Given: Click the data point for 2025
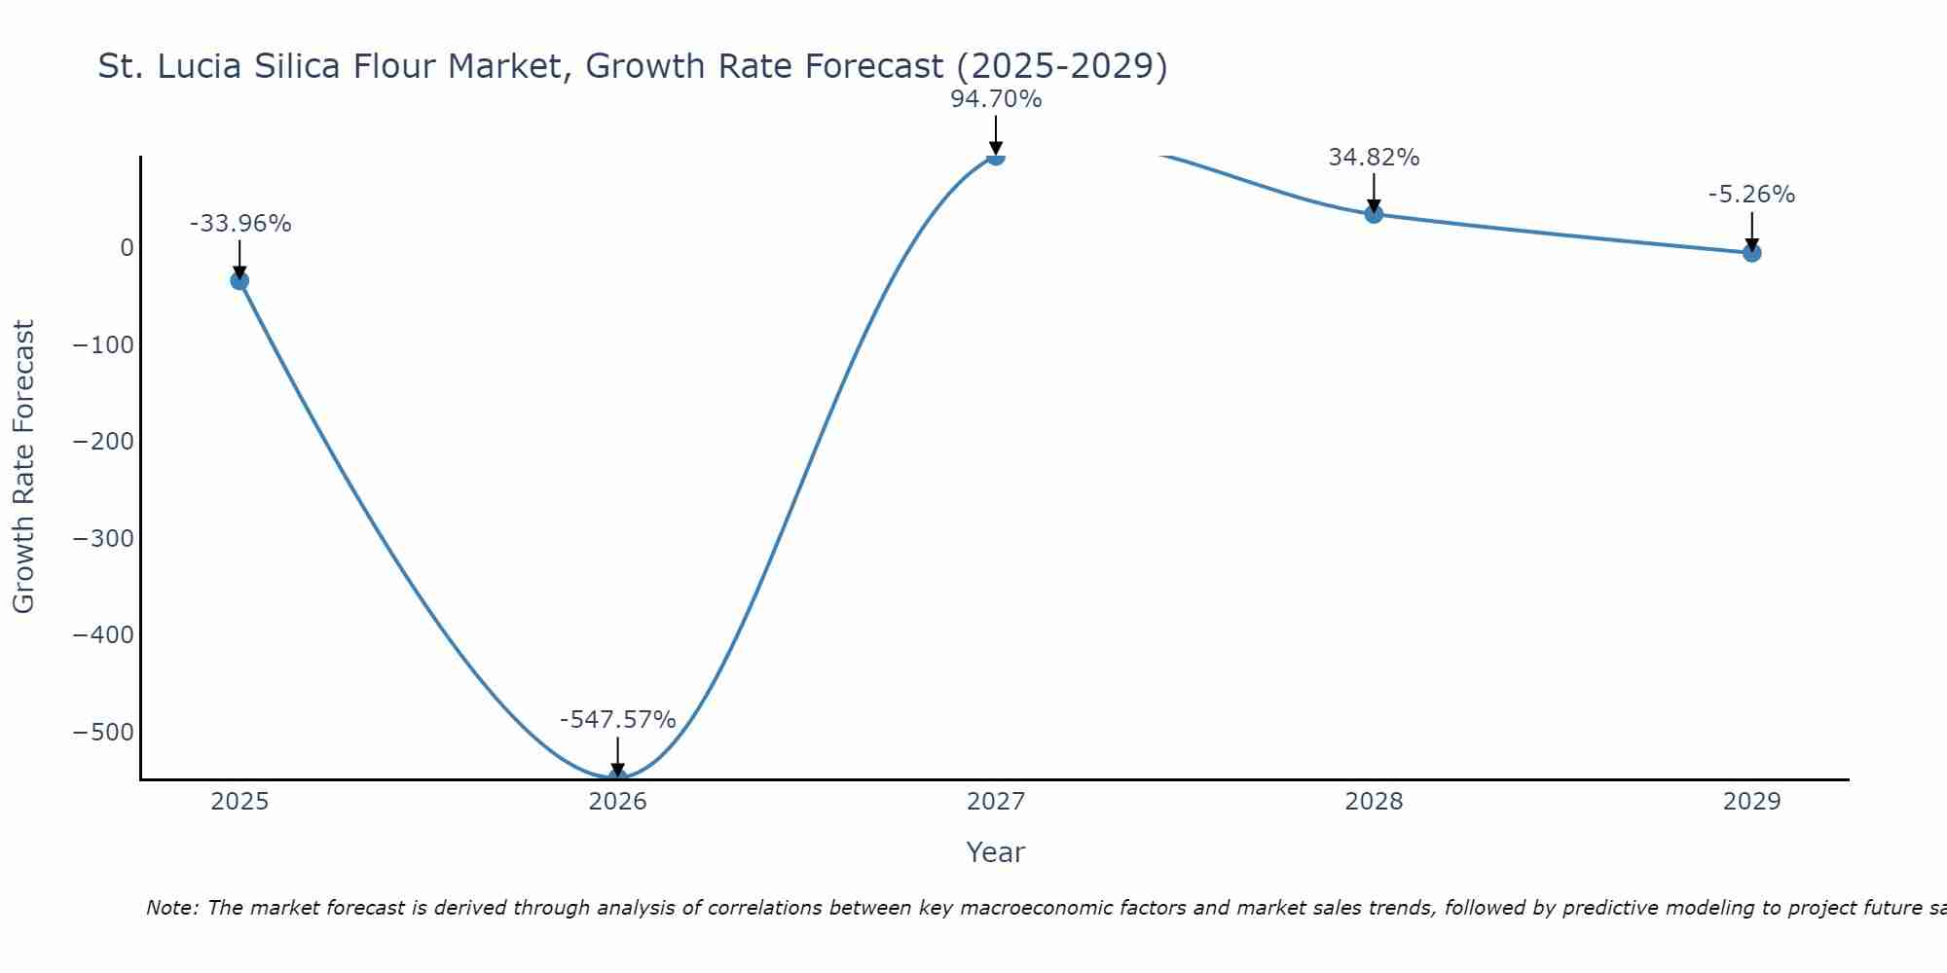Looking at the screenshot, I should coord(239,280).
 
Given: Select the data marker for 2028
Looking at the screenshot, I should coord(1374,214).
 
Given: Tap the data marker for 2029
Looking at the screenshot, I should coord(1751,253).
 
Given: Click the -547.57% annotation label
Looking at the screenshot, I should coord(617,720).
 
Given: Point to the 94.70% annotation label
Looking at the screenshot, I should coord(996,99).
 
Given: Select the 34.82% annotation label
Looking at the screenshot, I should coord(1374,158).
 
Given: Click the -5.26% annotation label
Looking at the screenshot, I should coord(1751,195).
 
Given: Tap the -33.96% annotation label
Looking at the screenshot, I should coord(239,224).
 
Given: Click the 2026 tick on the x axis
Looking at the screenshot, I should coord(617,802).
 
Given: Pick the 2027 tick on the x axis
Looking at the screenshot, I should coord(996,802).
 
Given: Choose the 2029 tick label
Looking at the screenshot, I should coord(1751,802).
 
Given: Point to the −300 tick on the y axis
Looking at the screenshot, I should coord(103,538).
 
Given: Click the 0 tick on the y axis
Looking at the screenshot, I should coord(127,248).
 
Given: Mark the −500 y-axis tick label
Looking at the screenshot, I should coord(103,732).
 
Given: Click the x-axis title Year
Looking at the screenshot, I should coord(995,852).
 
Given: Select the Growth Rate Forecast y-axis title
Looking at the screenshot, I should coord(23,466).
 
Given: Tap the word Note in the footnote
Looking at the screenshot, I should coord(172,908).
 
